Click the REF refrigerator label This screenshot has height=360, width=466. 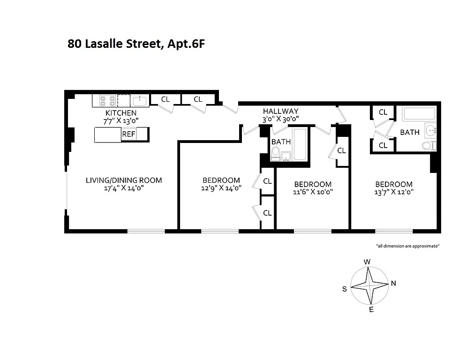pos(128,134)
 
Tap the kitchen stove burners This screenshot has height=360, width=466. pos(107,100)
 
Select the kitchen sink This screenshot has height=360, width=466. pos(139,101)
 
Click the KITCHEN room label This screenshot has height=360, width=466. pos(121,113)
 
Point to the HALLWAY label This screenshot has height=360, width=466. pos(280,112)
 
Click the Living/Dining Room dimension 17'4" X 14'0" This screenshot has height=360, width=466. pos(124,188)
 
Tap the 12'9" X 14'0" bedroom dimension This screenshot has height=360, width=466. pos(221,188)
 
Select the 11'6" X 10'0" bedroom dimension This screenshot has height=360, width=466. pos(313,192)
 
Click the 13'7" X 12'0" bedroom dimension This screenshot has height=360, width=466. pos(394,192)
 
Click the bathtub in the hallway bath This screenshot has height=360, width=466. pos(300,144)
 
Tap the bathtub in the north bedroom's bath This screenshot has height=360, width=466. pos(419,114)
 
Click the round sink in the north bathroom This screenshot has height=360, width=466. pos(430,130)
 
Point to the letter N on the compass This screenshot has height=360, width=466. pos(393,283)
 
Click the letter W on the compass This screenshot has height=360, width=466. pos(368,262)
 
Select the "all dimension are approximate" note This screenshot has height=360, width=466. pos(408,246)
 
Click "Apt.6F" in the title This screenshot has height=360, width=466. pos(186,44)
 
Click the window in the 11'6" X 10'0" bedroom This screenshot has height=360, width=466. pos(313,231)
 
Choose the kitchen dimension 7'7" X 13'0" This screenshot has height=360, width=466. pos(121,121)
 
